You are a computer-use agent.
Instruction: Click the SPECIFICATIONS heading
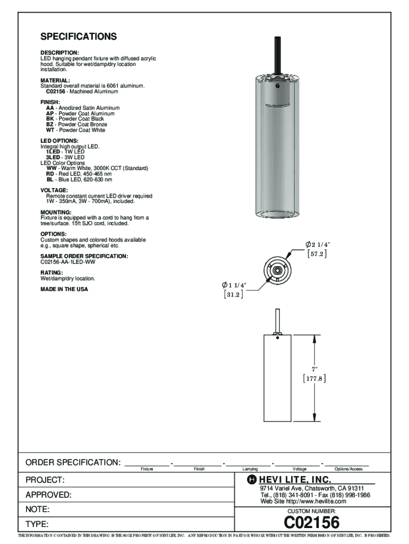click(79, 37)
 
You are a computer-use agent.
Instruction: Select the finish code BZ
click(49, 124)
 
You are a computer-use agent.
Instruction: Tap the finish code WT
click(50, 130)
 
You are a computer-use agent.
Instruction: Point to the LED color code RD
click(50, 174)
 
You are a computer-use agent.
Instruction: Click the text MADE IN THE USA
click(64, 289)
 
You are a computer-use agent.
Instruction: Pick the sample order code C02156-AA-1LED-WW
click(67, 262)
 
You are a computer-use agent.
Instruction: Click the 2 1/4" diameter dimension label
click(318, 244)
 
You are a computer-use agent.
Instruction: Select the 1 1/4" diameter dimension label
click(234, 285)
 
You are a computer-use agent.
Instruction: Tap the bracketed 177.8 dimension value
click(314, 378)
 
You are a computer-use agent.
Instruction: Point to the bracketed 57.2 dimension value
click(317, 254)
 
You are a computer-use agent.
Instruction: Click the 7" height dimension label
click(314, 370)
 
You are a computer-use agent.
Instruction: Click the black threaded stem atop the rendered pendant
click(277, 55)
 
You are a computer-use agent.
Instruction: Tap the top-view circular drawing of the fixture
click(277, 270)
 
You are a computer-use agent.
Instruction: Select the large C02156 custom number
click(311, 522)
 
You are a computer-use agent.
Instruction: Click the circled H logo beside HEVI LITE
click(252, 480)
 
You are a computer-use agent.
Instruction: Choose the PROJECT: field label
click(45, 480)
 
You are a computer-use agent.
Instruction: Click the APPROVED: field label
click(48, 495)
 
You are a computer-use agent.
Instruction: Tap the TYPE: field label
click(37, 524)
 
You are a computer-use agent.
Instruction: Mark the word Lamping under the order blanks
click(250, 469)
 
